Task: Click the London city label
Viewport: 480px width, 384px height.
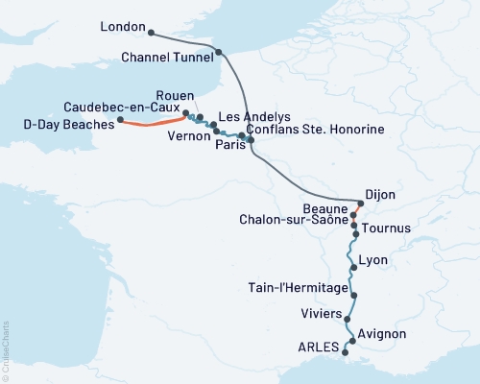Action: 122,29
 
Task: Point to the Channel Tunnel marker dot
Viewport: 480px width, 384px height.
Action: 220,53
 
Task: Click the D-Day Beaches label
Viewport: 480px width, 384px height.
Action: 64,122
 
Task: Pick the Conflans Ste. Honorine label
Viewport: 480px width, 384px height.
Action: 315,129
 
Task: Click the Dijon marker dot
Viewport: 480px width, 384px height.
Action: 361,203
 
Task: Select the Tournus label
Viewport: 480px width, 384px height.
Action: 387,228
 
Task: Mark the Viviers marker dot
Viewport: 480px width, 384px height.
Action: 348,320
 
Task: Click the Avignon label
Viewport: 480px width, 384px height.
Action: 381,334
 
